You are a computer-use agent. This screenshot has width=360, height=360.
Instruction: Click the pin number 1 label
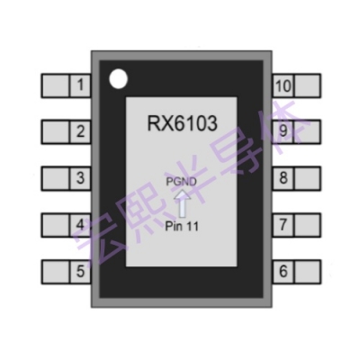click(82, 86)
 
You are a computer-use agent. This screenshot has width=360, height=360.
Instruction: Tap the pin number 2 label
click(82, 132)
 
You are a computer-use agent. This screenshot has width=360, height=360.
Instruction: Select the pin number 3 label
click(82, 177)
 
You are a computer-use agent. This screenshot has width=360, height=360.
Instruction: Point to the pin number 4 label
click(82, 223)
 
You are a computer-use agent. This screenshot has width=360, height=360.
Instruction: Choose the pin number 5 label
click(82, 269)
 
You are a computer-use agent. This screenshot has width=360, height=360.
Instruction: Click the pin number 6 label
click(283, 269)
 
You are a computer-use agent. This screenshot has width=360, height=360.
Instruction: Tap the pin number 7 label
click(283, 223)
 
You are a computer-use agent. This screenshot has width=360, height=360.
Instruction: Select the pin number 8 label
click(283, 177)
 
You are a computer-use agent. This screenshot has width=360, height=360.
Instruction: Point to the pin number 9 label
click(283, 132)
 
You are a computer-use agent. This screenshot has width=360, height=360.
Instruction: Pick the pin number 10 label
click(283, 86)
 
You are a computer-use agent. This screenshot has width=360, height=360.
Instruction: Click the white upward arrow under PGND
click(181, 202)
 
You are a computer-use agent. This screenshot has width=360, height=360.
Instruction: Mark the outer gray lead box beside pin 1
click(56, 86)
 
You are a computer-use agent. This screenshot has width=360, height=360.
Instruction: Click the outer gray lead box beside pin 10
click(308, 86)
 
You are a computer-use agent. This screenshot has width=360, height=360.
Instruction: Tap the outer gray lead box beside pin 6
click(308, 269)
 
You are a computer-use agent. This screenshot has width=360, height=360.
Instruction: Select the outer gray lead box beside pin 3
click(56, 177)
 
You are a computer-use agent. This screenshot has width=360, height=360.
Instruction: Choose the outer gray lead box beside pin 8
click(308, 177)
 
